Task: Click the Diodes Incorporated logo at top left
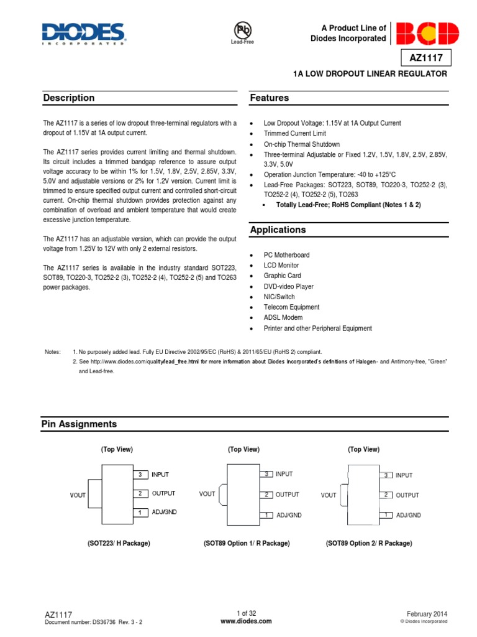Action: tap(84, 34)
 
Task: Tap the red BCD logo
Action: tap(427, 34)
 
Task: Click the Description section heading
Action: tap(69, 98)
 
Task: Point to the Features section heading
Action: tap(270, 98)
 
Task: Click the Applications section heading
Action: tap(278, 230)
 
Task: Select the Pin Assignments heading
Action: tap(79, 424)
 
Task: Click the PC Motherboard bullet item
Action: tap(286, 255)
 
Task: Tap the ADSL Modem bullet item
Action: tap(283, 318)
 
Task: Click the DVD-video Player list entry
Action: tap(288, 287)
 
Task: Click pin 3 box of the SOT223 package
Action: tap(140, 475)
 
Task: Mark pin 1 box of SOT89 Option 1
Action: tap(266, 515)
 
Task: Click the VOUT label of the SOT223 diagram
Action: tap(79, 495)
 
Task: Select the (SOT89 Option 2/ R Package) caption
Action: tap(369, 543)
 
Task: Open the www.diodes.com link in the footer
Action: tap(246, 621)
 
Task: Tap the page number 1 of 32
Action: tap(246, 613)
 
